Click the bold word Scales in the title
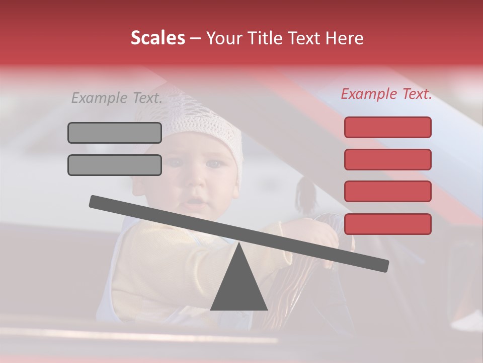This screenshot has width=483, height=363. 157,38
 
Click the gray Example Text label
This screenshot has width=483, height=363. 117,98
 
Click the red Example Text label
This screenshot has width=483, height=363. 386,94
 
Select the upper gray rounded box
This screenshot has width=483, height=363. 115,133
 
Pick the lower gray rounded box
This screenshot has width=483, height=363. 115,165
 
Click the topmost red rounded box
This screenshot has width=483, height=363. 387,127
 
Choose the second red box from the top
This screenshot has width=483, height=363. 387,159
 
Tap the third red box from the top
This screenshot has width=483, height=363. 387,192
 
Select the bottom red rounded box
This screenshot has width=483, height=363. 387,224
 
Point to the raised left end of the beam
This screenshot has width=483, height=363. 96,202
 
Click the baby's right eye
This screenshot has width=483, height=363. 175,162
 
